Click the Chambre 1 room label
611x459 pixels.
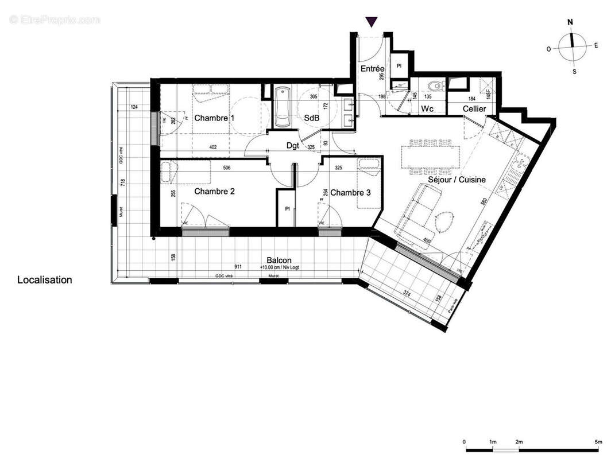pos(214,118)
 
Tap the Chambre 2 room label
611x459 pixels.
pos(214,191)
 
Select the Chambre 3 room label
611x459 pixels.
pos(350,192)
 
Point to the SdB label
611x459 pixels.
pos(312,118)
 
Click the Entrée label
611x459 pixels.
pos(372,69)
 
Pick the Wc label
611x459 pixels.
pos(427,108)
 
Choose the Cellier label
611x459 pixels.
pos(474,108)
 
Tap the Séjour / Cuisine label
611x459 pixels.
pos(457,180)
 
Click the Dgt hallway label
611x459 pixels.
pos(293,146)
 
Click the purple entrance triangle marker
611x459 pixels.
pos(372,22)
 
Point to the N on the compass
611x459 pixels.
pos(570,23)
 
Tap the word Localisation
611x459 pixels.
pos(45,280)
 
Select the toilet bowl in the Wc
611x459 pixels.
pos(436,87)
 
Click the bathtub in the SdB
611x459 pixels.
pos(283,107)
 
